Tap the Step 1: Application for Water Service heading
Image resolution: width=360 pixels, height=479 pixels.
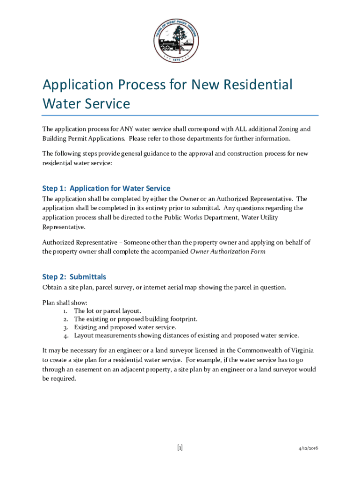point(106,189)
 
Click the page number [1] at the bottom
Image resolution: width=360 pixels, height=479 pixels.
point(180,448)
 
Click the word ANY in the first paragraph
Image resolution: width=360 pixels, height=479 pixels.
point(126,129)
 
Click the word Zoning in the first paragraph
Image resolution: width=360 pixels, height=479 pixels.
point(286,129)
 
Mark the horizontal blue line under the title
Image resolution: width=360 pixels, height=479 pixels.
point(180,115)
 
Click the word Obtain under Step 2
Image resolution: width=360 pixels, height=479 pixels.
point(52,287)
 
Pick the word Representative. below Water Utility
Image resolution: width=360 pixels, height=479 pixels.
point(64,227)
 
